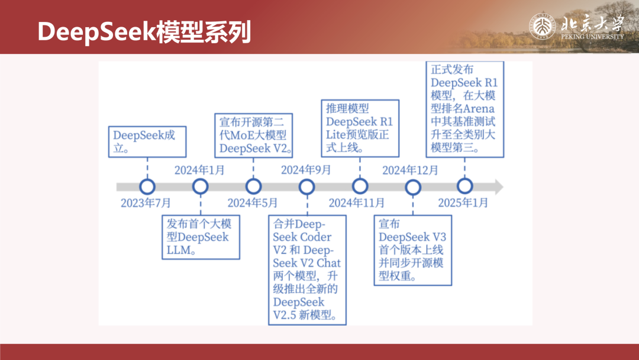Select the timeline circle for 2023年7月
pos(147,187)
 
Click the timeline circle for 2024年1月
pos(200,187)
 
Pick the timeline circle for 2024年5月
pos(253,187)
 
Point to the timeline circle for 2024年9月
pos(306,187)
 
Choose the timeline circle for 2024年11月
pos(360,187)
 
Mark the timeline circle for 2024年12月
pos(412,187)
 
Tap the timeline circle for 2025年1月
pos(465,187)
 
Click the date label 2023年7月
pos(146,203)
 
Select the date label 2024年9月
pos(305,171)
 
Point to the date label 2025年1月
pos(463,203)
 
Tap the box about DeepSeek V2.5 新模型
pos(306,270)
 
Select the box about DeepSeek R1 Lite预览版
pos(360,128)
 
